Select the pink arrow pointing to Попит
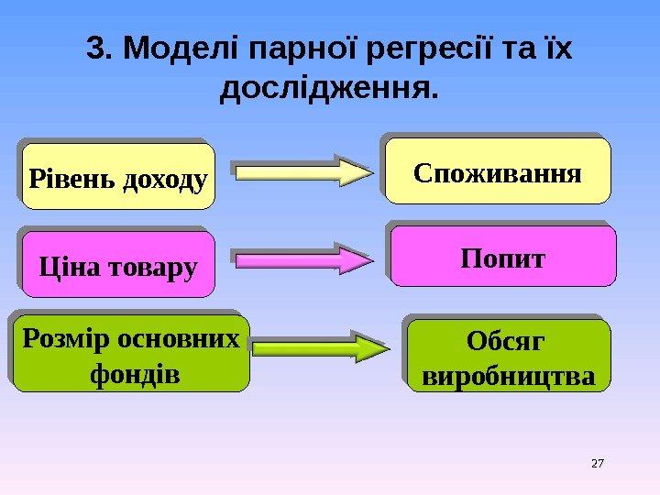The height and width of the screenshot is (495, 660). tap(302, 260)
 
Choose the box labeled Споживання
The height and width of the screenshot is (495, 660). tap(498, 171)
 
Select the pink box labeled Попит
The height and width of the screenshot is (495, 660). tap(502, 259)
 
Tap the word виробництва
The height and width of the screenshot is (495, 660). tap(507, 376)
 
